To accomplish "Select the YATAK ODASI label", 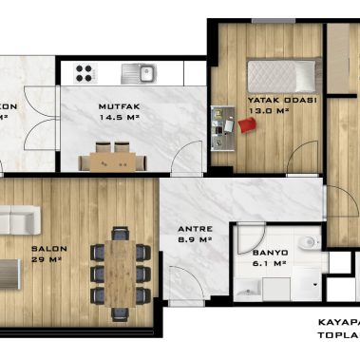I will click(x=269, y=99).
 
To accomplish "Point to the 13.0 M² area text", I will click(x=267, y=110).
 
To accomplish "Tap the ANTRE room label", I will click(x=195, y=229).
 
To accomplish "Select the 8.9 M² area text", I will click(x=195, y=240).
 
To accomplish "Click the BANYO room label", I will click(x=270, y=253).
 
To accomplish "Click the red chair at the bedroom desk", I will click(x=247, y=127).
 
